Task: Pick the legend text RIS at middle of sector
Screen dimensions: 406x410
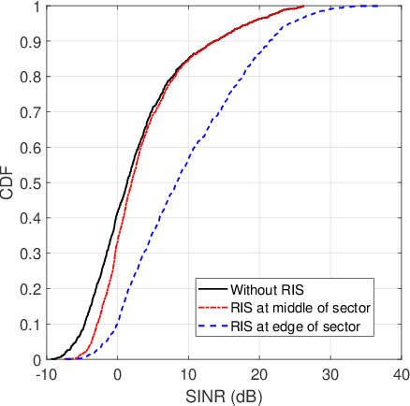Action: [x=296, y=307]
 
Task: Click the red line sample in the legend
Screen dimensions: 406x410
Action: [x=212, y=307]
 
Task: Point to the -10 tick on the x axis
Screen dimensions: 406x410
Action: [x=44, y=373]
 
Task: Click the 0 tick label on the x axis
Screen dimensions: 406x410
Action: [x=117, y=373]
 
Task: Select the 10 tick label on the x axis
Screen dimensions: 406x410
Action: [x=188, y=373]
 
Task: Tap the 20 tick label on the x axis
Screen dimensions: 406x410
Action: [x=259, y=373]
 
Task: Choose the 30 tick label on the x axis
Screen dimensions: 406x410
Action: [x=330, y=373]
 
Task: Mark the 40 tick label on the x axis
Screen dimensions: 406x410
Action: [x=401, y=373]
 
